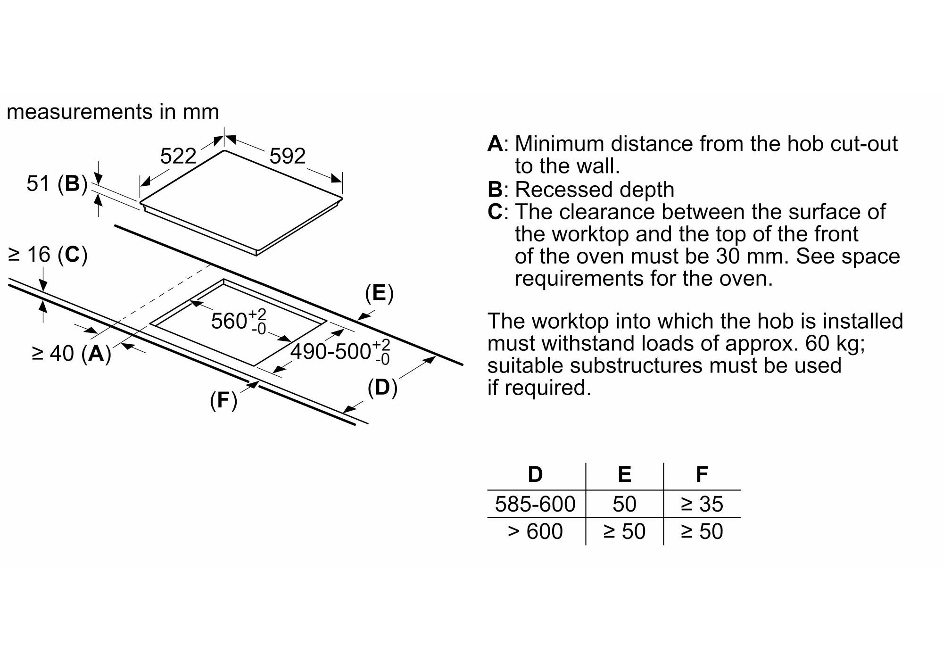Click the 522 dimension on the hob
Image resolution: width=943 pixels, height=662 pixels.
coord(178,156)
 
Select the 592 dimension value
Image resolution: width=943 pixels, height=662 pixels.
coord(287,156)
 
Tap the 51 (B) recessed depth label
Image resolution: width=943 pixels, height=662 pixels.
coord(57,183)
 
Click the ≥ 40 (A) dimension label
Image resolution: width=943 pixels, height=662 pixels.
coord(71,353)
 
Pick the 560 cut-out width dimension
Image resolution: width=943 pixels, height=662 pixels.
coord(239,322)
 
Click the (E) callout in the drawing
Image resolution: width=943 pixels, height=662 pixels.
coord(379,293)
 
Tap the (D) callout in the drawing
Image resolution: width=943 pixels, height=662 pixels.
coord(382,388)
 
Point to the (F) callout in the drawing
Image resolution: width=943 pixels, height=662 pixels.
coord(223,401)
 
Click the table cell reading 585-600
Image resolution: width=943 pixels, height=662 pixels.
coord(535,504)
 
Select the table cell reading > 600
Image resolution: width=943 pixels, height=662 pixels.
coord(535,531)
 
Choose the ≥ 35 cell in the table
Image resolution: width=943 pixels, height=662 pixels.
coord(702,504)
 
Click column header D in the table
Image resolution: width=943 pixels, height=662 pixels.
coord(535,474)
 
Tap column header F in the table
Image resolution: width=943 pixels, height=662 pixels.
coord(702,474)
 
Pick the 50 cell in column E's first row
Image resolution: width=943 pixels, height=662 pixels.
coord(624,504)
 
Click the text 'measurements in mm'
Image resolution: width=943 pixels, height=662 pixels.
coord(113,112)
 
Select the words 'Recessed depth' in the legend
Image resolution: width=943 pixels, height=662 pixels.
coord(594,190)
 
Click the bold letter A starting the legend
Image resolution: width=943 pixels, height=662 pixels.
coord(495,144)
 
